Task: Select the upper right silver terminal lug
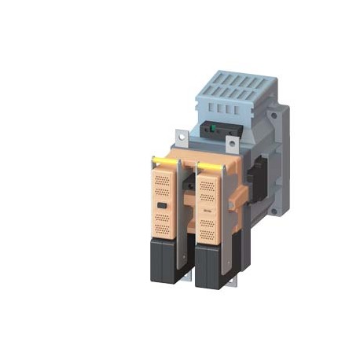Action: [x=233, y=145]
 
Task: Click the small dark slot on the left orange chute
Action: [x=161, y=206]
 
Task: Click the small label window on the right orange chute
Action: [x=207, y=211]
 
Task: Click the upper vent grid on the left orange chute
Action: [x=161, y=185]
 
